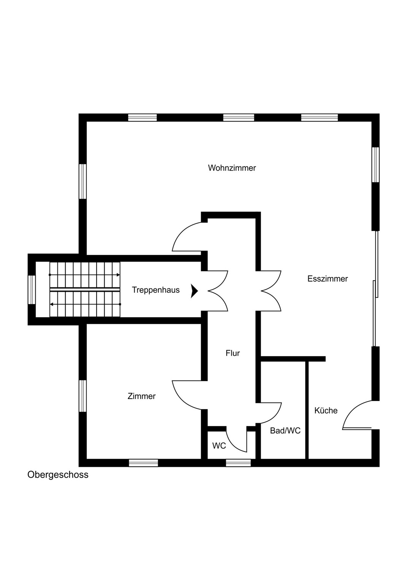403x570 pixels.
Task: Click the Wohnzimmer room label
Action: (232, 168)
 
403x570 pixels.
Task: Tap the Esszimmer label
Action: (327, 279)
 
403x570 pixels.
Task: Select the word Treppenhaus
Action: (155, 290)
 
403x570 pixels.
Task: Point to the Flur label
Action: (233, 353)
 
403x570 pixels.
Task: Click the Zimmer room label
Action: (141, 396)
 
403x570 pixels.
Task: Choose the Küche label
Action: (326, 411)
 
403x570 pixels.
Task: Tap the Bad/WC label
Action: (285, 431)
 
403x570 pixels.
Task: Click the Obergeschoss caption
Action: (58, 475)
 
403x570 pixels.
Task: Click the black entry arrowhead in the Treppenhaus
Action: (195, 291)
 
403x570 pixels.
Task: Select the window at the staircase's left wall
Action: (32, 290)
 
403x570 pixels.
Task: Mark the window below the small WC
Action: (238, 463)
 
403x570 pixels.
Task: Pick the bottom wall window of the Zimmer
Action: (143, 463)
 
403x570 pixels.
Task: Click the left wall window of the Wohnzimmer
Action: (83, 181)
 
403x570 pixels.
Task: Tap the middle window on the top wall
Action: (238, 117)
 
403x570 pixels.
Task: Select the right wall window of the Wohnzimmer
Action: (376, 165)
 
